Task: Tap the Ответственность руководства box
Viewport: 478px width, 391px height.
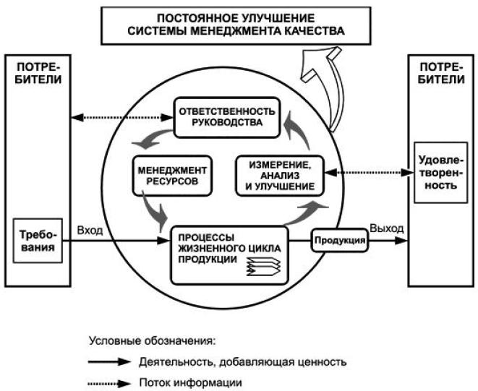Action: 226,116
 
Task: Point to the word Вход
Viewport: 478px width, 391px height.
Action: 90,231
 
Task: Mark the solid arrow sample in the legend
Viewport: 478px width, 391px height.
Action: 108,360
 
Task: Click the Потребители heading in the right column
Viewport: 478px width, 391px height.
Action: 442,73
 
